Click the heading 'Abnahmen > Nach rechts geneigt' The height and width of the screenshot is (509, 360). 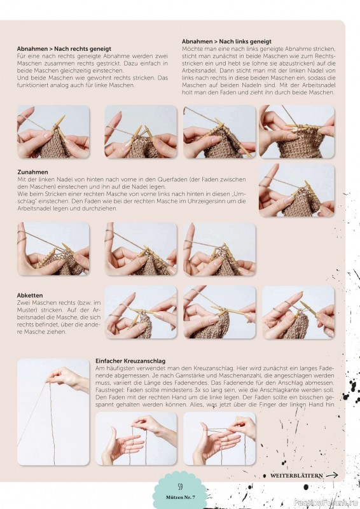click(64, 49)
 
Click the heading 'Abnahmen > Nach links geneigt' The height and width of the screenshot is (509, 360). click(226, 41)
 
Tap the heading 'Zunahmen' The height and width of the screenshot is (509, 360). click(32, 172)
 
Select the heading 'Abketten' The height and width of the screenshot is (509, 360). click(30, 295)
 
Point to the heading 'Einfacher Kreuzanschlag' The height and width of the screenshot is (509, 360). click(130, 361)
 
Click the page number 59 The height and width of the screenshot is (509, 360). click(180, 487)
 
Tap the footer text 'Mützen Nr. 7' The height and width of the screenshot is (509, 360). click(181, 498)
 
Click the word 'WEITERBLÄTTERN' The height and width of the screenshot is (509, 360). click(296, 475)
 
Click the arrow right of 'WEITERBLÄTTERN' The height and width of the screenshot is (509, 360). click(332, 475)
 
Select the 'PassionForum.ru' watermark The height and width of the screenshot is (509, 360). click(326, 503)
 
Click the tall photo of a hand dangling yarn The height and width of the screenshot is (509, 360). click(53, 412)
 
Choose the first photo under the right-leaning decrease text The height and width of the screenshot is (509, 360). click(53, 132)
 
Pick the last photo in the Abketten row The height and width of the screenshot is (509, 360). click(298, 312)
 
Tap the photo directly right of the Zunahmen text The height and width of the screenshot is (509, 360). click(296, 190)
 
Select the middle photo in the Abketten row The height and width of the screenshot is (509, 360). click(219, 312)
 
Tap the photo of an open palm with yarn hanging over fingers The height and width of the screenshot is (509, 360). click(136, 438)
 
